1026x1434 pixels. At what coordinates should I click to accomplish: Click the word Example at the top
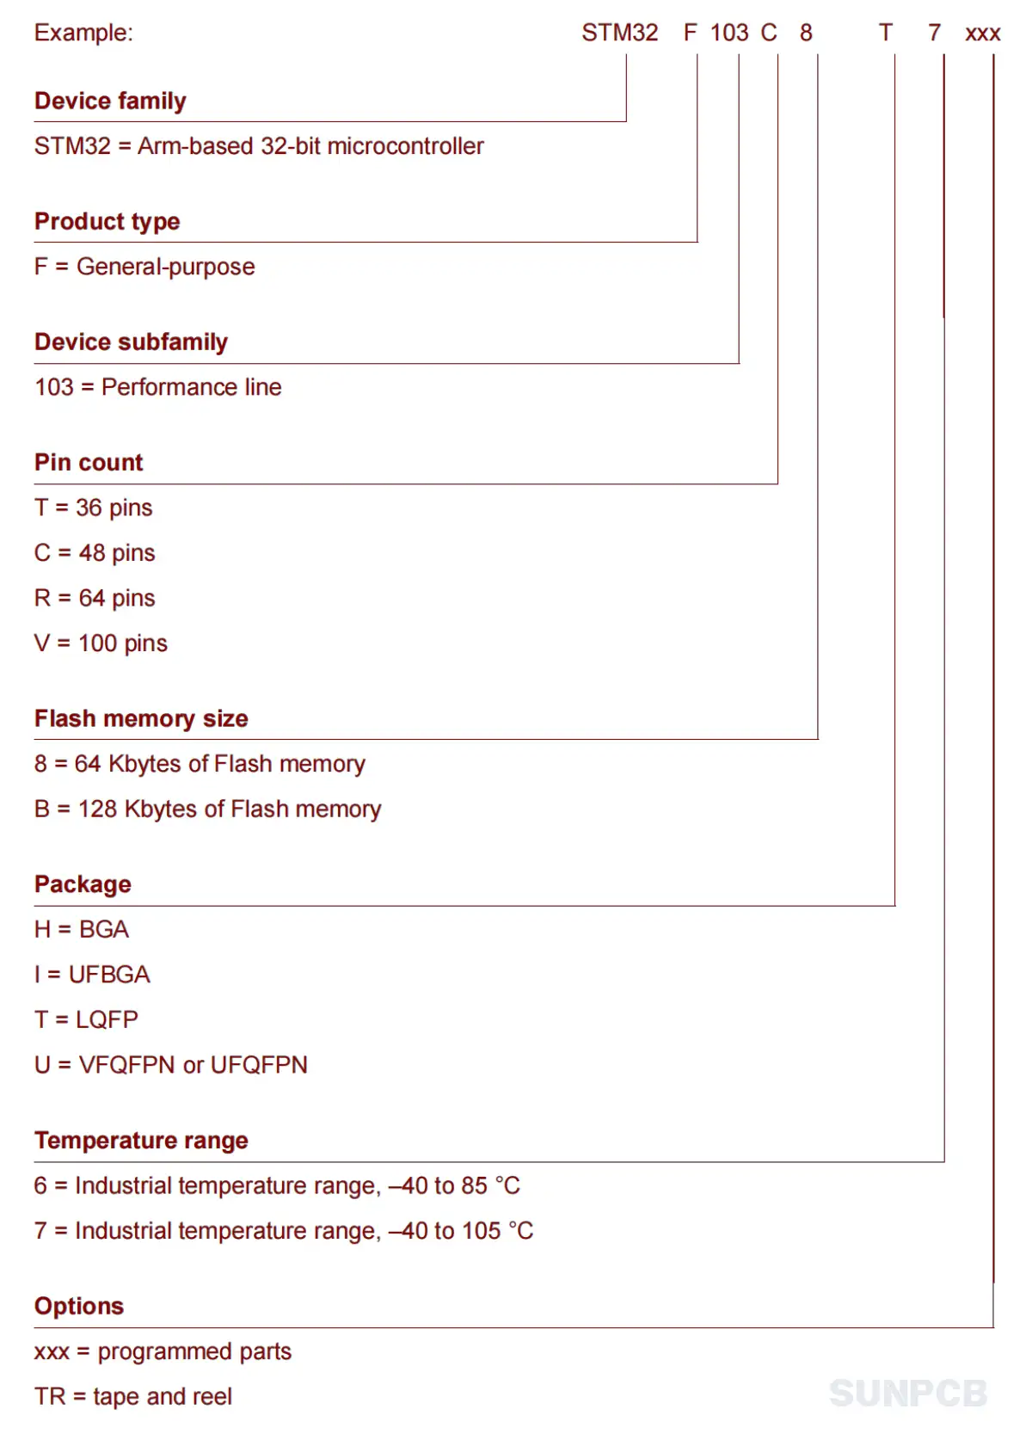click(x=83, y=33)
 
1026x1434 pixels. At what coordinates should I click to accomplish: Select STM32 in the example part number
click(x=619, y=33)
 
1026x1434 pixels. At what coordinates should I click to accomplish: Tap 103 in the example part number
click(x=729, y=33)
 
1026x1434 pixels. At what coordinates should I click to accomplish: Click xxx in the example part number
click(x=982, y=34)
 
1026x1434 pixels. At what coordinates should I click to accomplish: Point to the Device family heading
click(x=110, y=101)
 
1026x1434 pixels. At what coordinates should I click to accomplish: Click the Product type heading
click(x=107, y=221)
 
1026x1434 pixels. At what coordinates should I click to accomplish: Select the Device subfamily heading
click(x=131, y=342)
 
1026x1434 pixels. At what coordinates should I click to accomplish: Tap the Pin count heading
click(x=89, y=462)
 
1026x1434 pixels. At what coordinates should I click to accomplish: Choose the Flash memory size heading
click(x=141, y=718)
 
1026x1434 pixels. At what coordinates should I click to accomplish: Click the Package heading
click(x=83, y=884)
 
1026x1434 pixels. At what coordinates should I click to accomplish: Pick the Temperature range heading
click(x=141, y=1141)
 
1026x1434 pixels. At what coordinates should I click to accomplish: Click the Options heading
click(x=79, y=1306)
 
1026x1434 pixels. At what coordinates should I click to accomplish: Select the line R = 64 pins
click(x=95, y=598)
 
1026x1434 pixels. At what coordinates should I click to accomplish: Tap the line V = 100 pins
click(x=101, y=643)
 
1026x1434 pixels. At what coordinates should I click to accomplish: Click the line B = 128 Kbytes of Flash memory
click(x=207, y=809)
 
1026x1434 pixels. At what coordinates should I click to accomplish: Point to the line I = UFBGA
click(x=92, y=975)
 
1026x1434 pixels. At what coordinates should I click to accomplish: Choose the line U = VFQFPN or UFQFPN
click(x=170, y=1065)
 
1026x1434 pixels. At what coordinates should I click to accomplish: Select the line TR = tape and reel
click(x=133, y=1396)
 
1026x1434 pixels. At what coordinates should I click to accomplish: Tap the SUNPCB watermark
click(x=908, y=1394)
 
